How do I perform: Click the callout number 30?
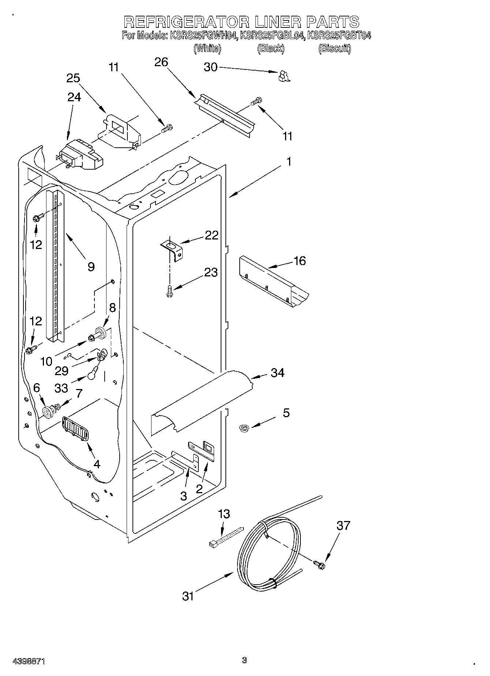pos(210,67)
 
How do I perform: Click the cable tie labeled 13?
pos(226,537)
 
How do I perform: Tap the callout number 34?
pos(277,373)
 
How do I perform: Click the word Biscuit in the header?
pos(334,48)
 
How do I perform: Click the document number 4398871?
pos(29,661)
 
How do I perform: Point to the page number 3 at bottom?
pos(244,660)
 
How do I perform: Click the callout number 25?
pos(73,78)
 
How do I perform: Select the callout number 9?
pos(91,267)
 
